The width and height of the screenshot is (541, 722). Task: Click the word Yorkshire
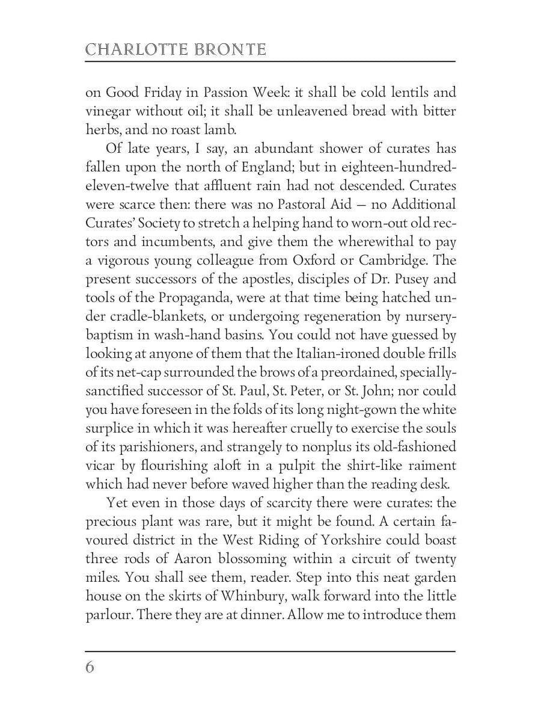pos(362,540)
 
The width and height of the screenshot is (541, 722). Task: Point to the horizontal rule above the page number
pos(270,651)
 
